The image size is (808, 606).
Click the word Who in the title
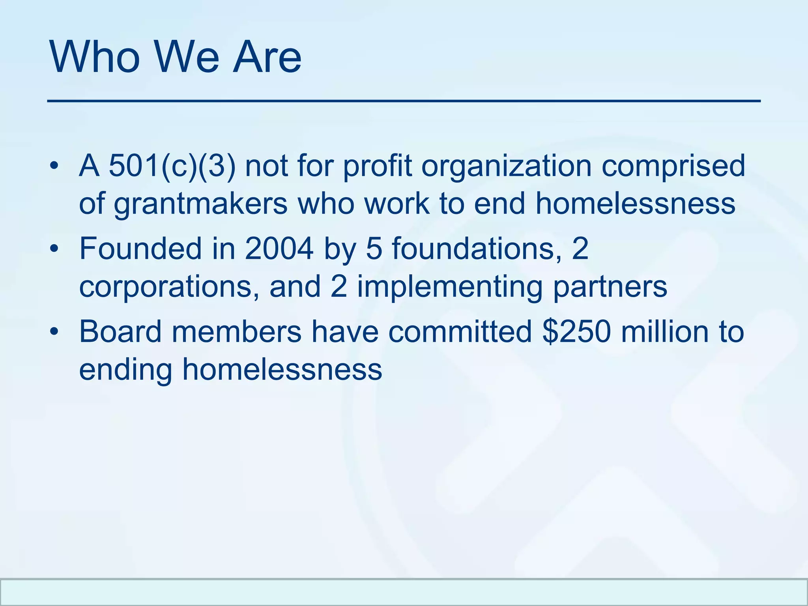pyautogui.click(x=95, y=57)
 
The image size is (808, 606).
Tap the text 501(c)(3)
pyautogui.click(x=172, y=166)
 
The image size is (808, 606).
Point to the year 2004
pyautogui.click(x=279, y=249)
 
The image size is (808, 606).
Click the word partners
pyautogui.click(x=610, y=287)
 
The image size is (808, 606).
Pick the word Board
pyautogui.click(x=120, y=332)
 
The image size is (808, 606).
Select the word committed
pyautogui.click(x=460, y=332)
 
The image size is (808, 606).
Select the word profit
pyautogui.click(x=377, y=166)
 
